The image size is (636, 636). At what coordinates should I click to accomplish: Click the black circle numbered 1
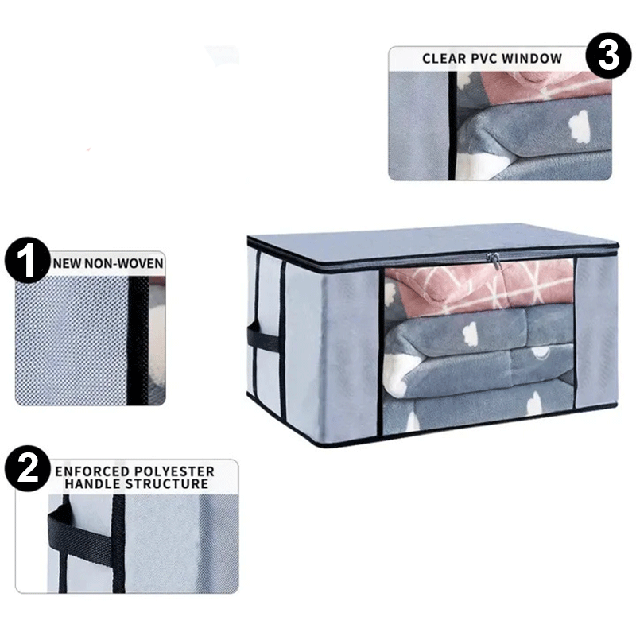tap(27, 260)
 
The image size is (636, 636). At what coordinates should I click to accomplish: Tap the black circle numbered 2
tap(28, 468)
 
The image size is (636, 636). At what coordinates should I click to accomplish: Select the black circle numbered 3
tap(608, 55)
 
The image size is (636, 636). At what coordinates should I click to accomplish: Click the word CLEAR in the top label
tap(444, 59)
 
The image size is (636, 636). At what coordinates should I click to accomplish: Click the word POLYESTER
tap(174, 471)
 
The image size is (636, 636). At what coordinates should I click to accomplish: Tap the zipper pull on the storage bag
tap(494, 260)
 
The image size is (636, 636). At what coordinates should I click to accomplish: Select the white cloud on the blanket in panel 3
tap(579, 126)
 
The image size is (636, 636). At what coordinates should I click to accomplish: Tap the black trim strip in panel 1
tap(138, 341)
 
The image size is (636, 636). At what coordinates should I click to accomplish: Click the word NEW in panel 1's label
tap(67, 264)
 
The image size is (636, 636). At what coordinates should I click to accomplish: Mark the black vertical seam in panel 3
tap(452, 126)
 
